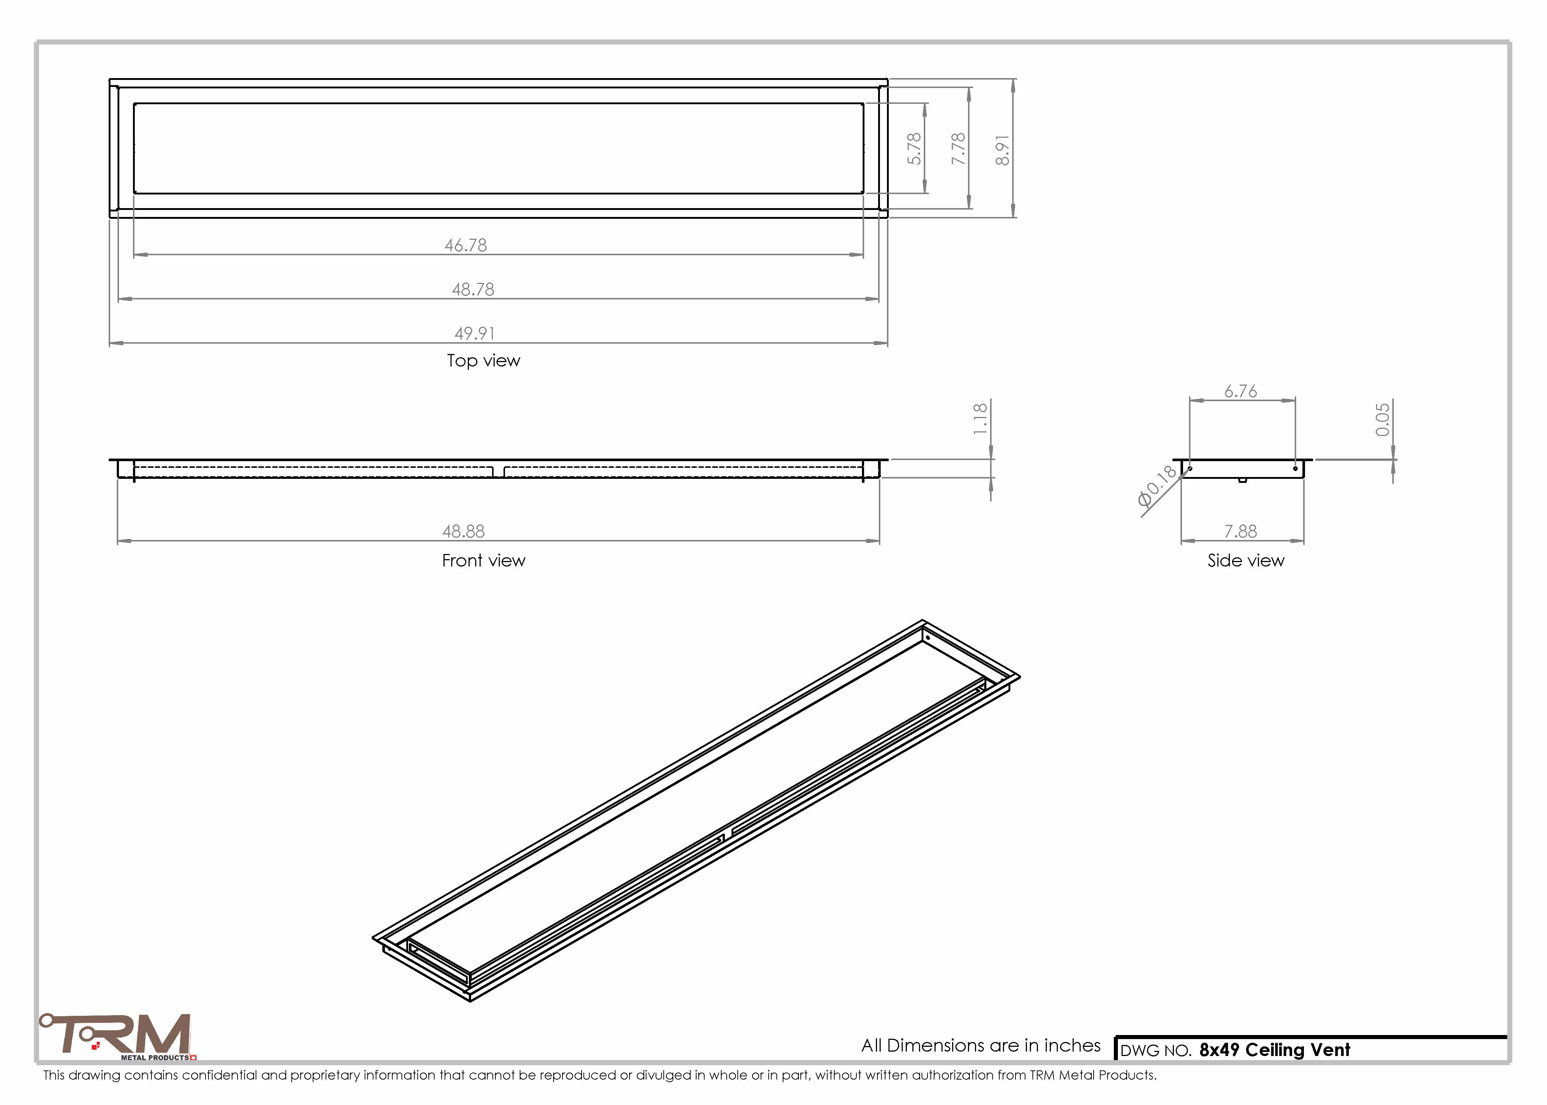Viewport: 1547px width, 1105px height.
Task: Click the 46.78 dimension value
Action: click(x=466, y=245)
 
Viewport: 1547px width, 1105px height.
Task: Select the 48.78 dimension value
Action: click(x=473, y=289)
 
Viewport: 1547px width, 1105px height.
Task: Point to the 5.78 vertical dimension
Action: click(x=914, y=148)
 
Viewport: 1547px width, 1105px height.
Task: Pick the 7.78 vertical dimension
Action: click(x=958, y=148)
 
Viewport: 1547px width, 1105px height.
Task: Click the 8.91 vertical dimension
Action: click(x=1002, y=150)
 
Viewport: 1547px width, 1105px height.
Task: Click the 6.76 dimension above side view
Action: click(x=1241, y=391)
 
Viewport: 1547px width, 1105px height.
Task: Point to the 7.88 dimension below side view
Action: click(x=1241, y=531)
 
